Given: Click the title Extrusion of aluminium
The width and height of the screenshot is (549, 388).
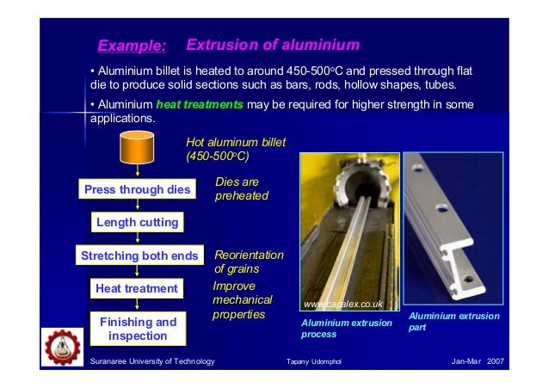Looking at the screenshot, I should coord(273,44).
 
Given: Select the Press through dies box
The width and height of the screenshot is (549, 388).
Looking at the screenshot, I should coord(139,189).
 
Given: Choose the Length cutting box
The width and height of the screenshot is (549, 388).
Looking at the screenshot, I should coord(138,222).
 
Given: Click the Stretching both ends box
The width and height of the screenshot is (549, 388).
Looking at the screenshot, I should coord(139,256).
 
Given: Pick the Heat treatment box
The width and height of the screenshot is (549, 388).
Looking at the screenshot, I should coord(138,288).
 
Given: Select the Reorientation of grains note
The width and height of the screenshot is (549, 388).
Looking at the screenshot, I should coord(248,262).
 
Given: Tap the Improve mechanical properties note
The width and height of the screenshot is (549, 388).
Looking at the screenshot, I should coord(242,300).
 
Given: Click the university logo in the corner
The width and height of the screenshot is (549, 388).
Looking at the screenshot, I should coord(63,347).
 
